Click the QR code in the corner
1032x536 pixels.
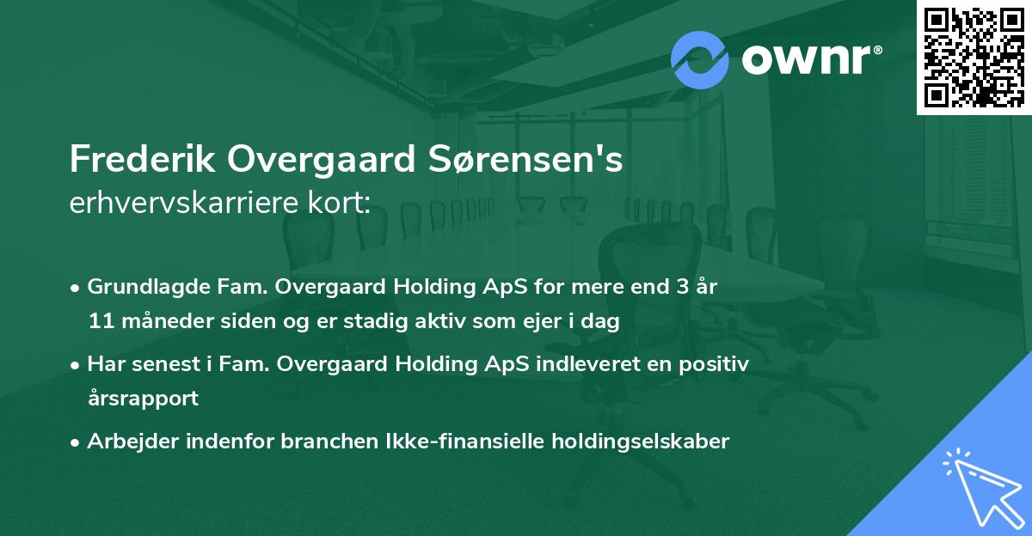pos(974,57)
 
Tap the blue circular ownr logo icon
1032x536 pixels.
pos(700,59)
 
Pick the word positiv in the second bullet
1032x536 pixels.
pos(718,364)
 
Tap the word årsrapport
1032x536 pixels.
pos(143,399)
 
